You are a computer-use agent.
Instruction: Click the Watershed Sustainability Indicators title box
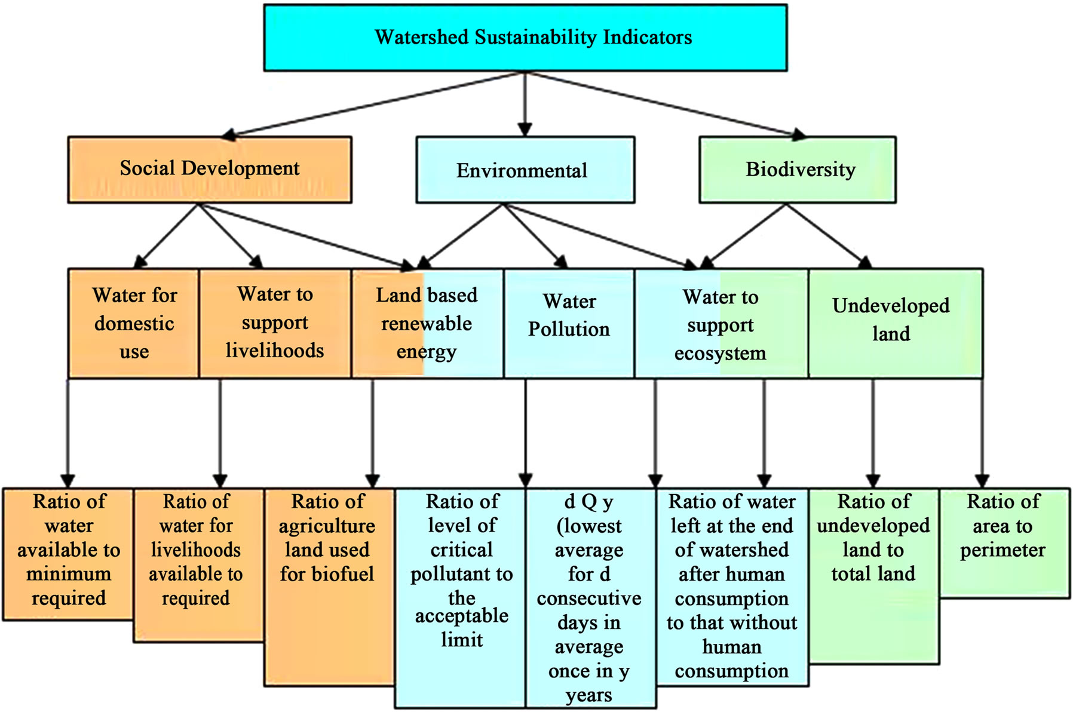click(x=525, y=38)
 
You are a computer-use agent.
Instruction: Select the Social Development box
click(x=210, y=170)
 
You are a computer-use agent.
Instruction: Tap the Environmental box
click(x=525, y=170)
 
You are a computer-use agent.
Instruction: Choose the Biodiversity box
click(x=797, y=170)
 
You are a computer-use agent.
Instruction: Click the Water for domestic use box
click(x=134, y=323)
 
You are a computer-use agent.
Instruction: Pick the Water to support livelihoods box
click(x=275, y=323)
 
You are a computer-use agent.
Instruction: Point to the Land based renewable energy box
click(x=427, y=323)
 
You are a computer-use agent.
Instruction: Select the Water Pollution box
click(x=569, y=323)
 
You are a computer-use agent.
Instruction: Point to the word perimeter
click(x=1003, y=550)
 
